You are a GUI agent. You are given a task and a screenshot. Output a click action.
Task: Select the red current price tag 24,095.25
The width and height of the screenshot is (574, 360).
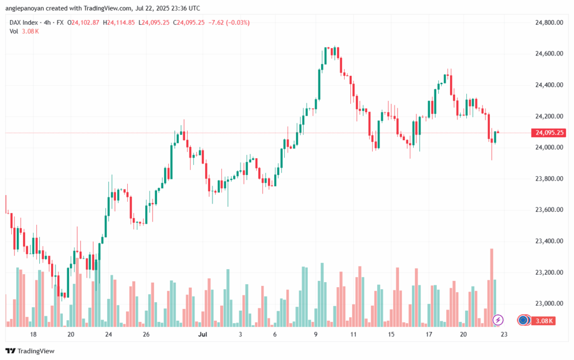coord(549,133)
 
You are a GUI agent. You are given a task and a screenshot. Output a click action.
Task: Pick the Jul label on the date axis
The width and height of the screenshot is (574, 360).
coord(203,334)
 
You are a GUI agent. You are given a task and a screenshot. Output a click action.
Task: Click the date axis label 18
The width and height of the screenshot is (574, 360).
coord(33,334)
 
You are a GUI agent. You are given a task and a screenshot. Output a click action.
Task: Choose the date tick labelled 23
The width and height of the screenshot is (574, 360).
coord(504,334)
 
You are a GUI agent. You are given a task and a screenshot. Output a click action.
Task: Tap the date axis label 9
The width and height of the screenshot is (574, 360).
coord(316,334)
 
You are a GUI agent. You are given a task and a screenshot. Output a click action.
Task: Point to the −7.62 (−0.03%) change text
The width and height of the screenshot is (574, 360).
coord(229,22)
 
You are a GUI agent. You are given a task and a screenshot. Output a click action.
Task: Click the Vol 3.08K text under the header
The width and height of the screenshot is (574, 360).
coord(24,31)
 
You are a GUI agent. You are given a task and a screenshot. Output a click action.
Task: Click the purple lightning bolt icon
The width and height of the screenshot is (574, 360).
coord(498,320)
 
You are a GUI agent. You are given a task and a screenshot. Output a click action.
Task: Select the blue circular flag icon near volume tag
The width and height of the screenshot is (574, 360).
coord(524,320)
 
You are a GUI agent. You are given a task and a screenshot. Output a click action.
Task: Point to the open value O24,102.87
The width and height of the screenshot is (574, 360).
coord(83,22)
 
